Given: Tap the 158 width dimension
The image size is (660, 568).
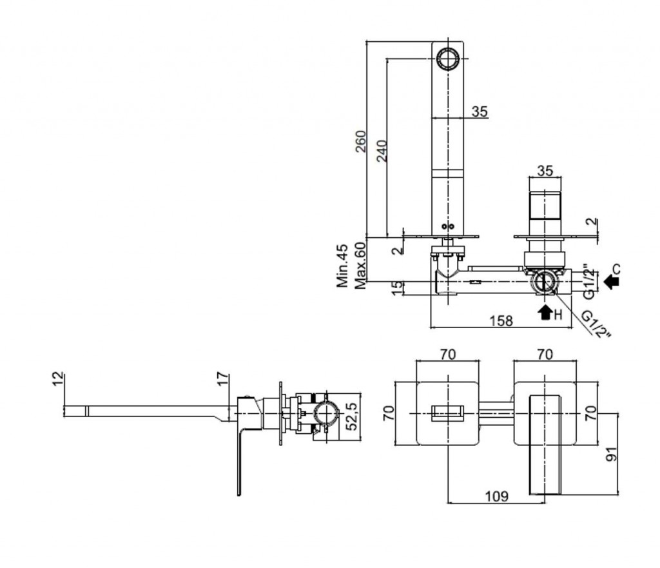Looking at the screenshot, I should click(x=501, y=320).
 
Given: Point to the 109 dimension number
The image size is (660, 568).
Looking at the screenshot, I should click(x=496, y=496).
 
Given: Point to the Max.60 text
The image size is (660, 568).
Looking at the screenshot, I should click(x=360, y=264).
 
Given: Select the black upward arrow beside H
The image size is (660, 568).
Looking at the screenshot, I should click(x=545, y=313).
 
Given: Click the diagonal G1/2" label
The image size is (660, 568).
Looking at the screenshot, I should click(x=595, y=324).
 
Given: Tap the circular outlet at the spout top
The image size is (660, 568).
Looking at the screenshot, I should click(x=447, y=57).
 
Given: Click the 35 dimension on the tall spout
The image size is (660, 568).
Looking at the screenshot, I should click(x=479, y=112).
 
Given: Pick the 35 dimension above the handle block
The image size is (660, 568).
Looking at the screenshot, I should click(x=545, y=171).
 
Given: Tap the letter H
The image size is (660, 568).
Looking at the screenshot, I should click(x=558, y=315).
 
